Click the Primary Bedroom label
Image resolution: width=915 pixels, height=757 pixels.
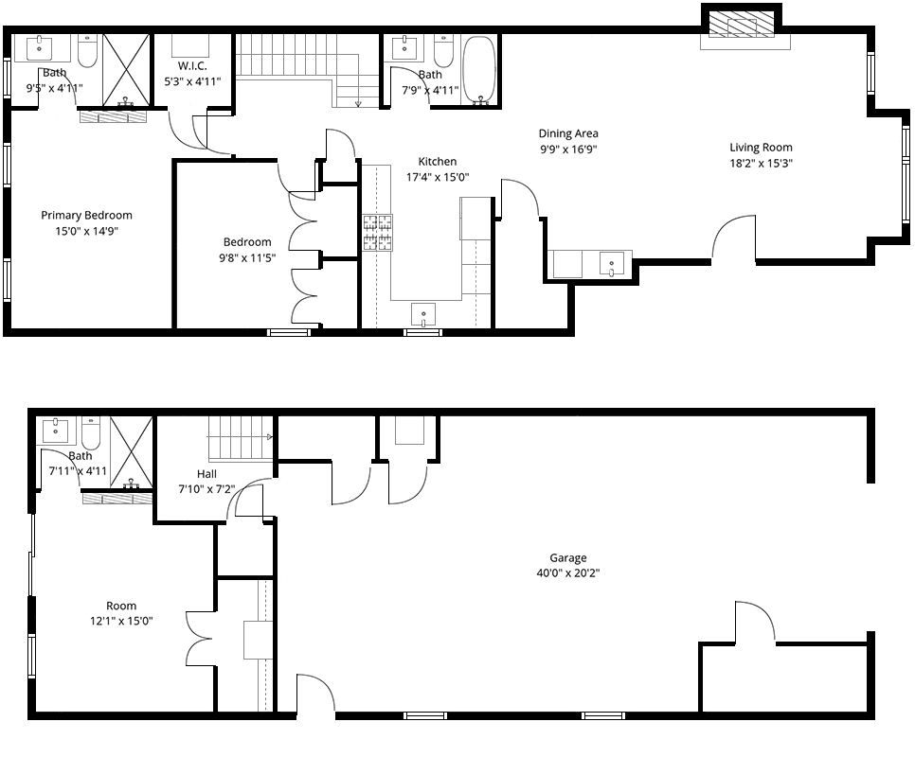pyautogui.click(x=86, y=215)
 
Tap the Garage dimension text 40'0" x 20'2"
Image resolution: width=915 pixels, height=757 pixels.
pyautogui.click(x=567, y=572)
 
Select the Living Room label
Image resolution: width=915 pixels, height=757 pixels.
pyautogui.click(x=761, y=148)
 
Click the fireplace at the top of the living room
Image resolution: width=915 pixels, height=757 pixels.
pyautogui.click(x=741, y=27)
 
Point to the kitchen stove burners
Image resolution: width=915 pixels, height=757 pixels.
pyautogui.click(x=378, y=233)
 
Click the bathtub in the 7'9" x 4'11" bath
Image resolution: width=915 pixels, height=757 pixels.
pyautogui.click(x=479, y=72)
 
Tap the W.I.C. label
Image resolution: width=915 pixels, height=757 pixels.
pyautogui.click(x=192, y=66)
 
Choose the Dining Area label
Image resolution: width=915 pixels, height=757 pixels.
pyautogui.click(x=567, y=133)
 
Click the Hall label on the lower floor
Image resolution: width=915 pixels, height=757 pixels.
pyautogui.click(x=206, y=474)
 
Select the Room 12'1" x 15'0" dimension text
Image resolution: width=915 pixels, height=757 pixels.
pyautogui.click(x=121, y=622)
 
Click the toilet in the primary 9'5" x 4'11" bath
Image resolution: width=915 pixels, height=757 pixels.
pyautogui.click(x=87, y=52)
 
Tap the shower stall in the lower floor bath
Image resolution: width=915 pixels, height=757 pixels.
pyautogui.click(x=132, y=452)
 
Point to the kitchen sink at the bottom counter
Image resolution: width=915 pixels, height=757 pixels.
pyautogui.click(x=423, y=315)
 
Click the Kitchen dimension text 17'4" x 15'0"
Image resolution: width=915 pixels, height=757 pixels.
pyautogui.click(x=438, y=177)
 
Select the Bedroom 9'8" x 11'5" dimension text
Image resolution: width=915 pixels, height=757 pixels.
pyautogui.click(x=247, y=257)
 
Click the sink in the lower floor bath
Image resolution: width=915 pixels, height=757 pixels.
pyautogui.click(x=56, y=431)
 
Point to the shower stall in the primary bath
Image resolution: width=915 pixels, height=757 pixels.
pyautogui.click(x=127, y=71)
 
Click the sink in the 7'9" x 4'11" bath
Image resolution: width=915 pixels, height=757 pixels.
pyautogui.click(x=404, y=48)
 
